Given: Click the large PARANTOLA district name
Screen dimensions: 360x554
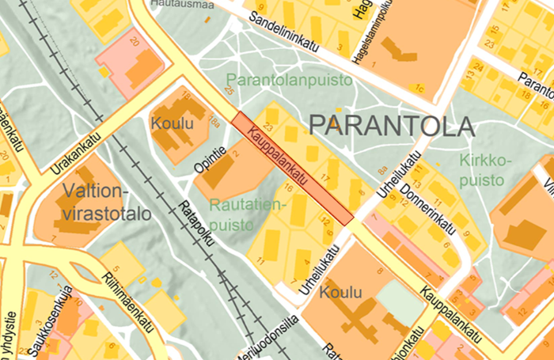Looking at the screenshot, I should (x=391, y=125).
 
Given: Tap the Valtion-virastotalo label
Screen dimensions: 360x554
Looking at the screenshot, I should (x=93, y=202).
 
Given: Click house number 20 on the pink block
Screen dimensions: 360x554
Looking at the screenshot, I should (x=135, y=41).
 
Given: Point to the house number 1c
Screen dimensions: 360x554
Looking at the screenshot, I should (x=420, y=85).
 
